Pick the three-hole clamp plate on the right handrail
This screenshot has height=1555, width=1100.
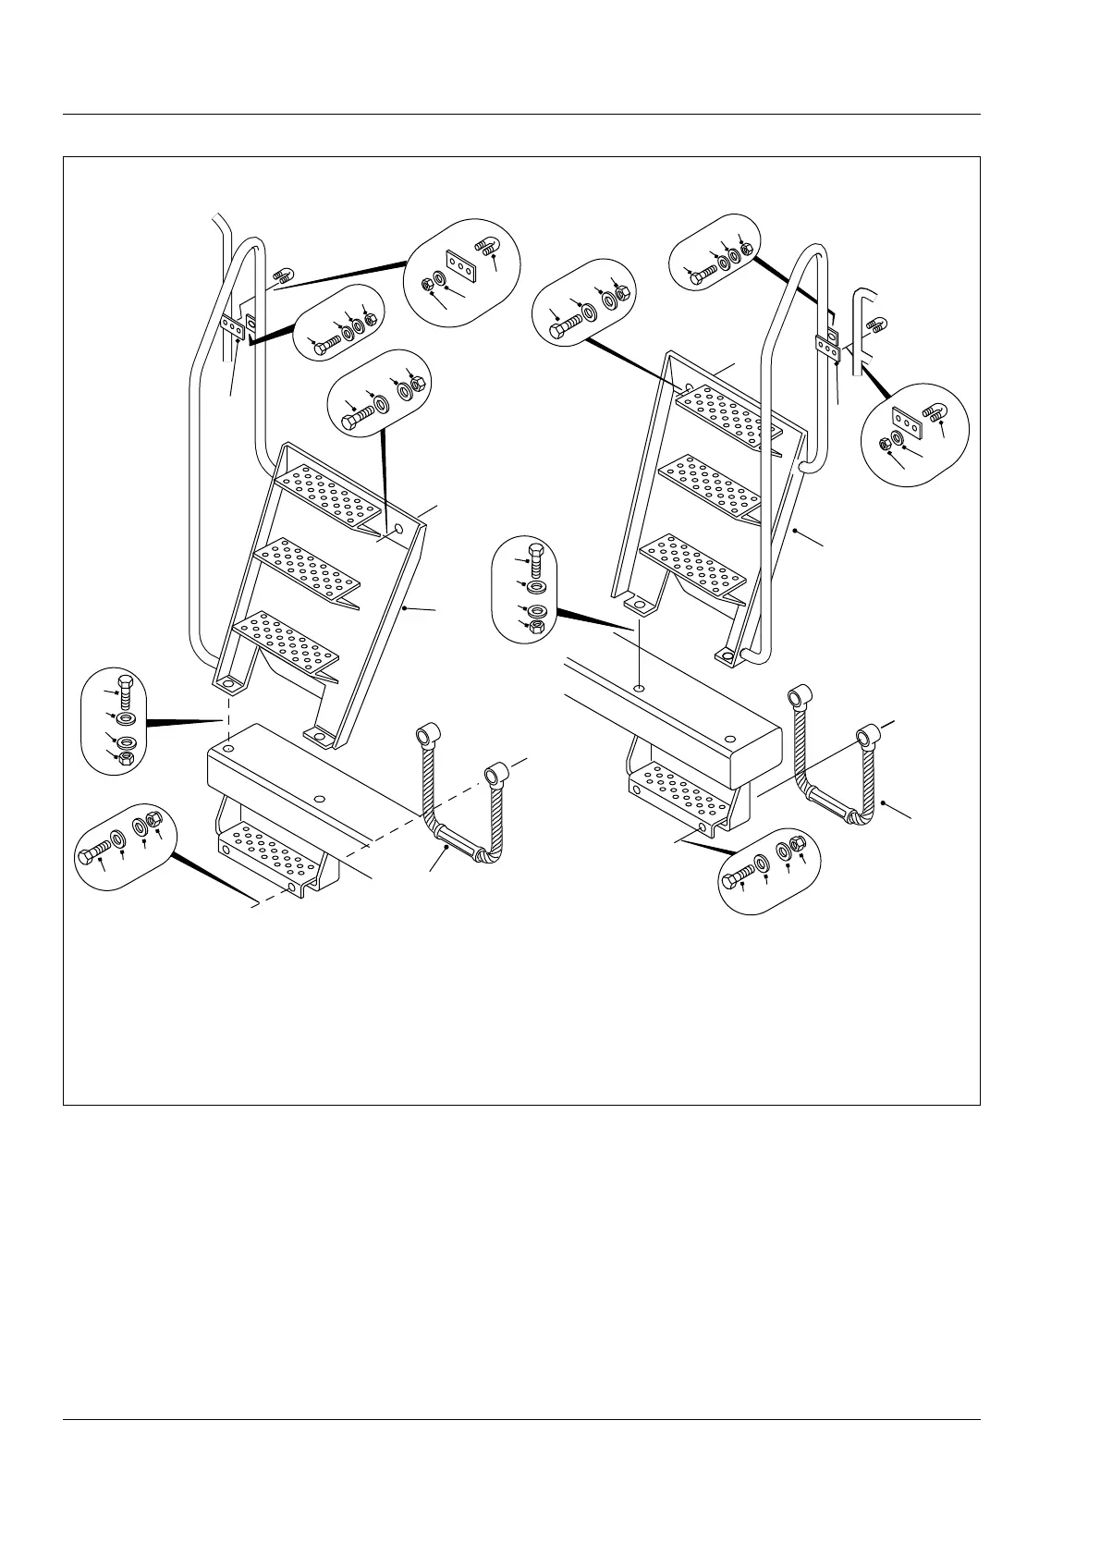point(828,346)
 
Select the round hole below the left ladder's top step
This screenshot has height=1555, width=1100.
point(398,530)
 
